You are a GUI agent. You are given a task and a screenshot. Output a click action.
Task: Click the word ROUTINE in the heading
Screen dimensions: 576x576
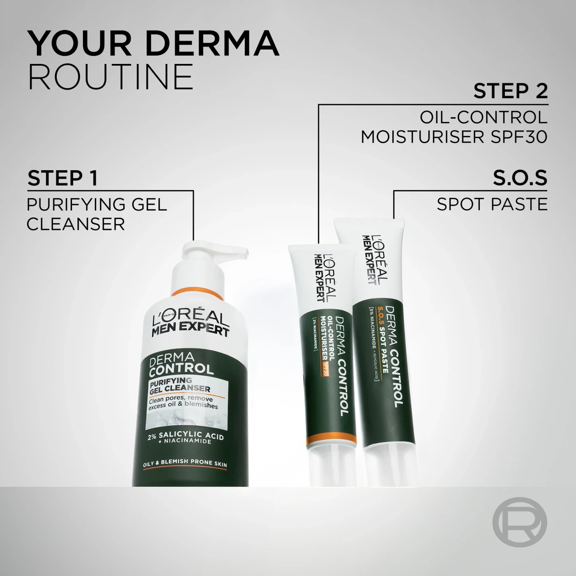coord(111,77)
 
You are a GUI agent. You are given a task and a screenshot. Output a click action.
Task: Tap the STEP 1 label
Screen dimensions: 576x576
coord(63,178)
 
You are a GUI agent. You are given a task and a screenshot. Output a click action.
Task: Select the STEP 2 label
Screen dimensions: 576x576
coord(510,91)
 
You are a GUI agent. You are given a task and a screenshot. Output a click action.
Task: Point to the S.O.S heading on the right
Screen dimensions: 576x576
coord(520,178)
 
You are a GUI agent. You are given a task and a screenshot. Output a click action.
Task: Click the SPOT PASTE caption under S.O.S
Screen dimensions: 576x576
coord(492,205)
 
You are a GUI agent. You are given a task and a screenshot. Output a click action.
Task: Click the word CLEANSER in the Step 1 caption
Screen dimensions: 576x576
coord(76,224)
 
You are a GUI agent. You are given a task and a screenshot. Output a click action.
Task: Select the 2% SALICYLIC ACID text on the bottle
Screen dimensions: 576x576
coord(186,436)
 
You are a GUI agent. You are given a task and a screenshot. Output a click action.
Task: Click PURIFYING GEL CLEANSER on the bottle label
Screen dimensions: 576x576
coord(180,385)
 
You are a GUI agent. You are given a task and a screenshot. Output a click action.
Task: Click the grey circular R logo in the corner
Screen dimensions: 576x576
coord(520,522)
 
